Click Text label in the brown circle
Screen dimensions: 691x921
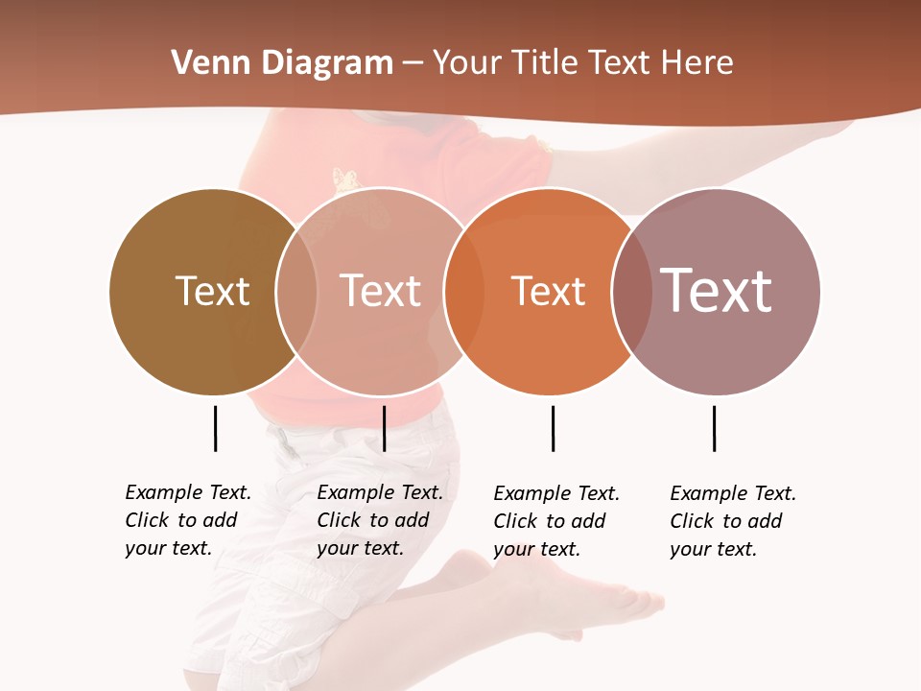pos(212,291)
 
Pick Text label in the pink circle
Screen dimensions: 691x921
pos(380,291)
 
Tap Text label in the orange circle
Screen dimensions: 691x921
pos(548,292)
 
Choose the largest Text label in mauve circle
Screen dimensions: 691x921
pos(717,291)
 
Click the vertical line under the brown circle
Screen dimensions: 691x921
pos(215,428)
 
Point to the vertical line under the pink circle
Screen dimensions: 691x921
pos(384,428)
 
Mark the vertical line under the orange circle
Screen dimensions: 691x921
pos(553,428)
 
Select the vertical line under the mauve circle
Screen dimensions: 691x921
pos(714,428)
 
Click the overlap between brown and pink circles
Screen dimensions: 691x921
pos(296,292)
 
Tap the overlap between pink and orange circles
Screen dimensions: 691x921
pos(464,292)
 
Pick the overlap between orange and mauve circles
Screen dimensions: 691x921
pos(630,292)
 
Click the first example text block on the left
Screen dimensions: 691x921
pos(188,520)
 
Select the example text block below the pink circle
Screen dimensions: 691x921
pos(380,520)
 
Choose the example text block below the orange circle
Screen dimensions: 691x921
pos(556,521)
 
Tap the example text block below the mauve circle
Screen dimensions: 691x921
pos(733,521)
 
